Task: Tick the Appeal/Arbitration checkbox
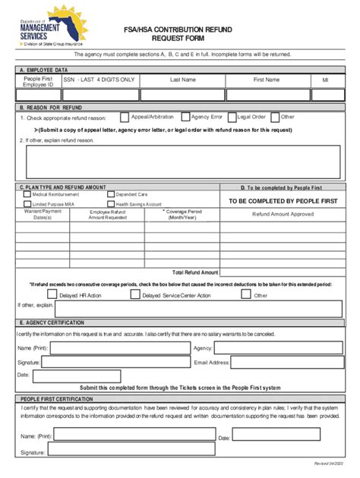coord(125,118)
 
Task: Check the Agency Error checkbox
coord(185,117)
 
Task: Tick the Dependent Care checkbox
coord(110,194)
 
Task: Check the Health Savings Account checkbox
coord(110,204)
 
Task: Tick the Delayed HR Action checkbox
coord(51,294)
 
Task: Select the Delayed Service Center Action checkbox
coord(135,294)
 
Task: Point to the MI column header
coord(325,79)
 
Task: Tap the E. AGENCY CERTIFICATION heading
coord(52,322)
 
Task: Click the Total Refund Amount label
coord(195,272)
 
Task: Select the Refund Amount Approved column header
coord(283,214)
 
